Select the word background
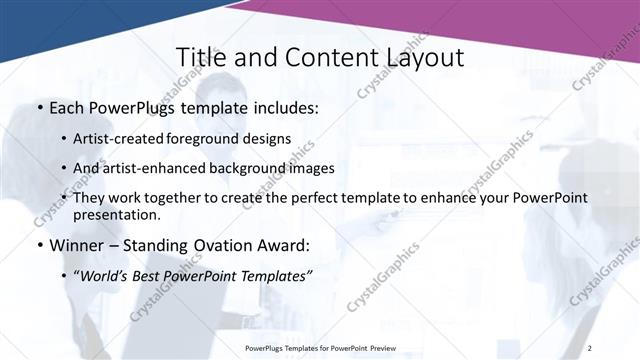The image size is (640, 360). point(241,168)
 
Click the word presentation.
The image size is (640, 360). point(116,214)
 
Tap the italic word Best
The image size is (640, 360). point(150,276)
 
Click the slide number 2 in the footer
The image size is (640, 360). point(590,347)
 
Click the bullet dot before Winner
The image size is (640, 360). point(39,246)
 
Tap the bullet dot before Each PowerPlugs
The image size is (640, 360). point(39,108)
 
